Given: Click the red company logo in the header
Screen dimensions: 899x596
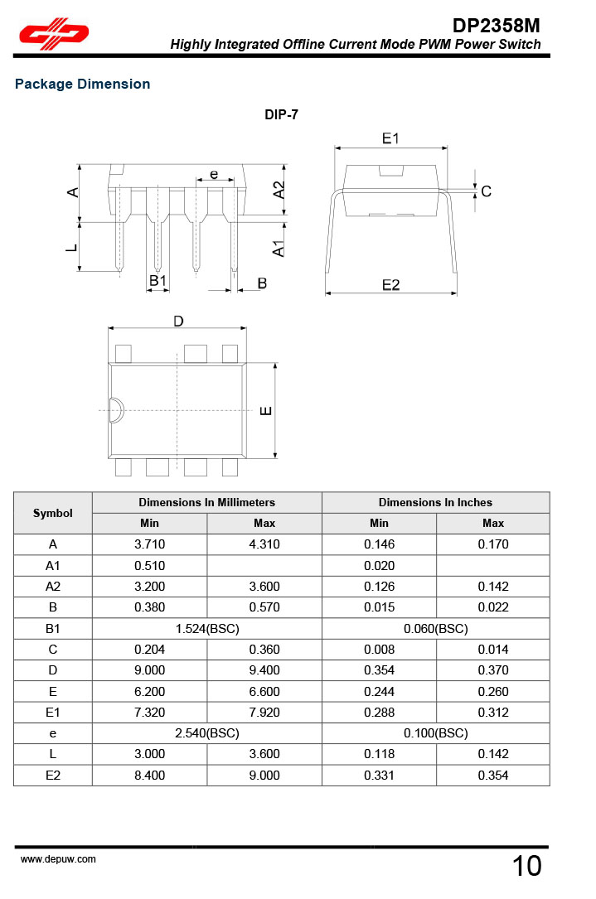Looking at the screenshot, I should coord(55,35).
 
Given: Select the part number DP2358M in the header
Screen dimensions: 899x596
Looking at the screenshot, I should coord(496,26).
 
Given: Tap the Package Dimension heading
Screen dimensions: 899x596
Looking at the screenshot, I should coord(83,84).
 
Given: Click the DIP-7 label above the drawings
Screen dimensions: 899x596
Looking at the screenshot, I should coord(281,115).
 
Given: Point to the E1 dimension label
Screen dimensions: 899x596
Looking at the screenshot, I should coord(390,138).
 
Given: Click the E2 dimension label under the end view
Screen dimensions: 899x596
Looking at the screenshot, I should coord(390,284).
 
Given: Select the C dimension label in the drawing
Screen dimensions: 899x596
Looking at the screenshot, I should coord(486,191).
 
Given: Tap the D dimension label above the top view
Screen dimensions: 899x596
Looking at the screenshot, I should coord(177,321).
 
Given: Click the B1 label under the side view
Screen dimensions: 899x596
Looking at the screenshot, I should coord(157,282).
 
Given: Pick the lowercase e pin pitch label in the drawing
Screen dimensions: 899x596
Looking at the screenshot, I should coord(214,174).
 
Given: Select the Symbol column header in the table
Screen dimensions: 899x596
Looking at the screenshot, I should coord(53,513).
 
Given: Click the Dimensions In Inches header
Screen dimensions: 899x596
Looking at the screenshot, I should coord(435,502).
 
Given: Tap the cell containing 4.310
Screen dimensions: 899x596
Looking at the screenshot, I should coord(264,544).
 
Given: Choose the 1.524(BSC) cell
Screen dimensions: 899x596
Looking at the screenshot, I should coord(206,628).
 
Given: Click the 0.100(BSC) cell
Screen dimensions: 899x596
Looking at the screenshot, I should coord(435,732).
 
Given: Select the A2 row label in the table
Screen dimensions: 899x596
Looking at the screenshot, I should coord(53,586).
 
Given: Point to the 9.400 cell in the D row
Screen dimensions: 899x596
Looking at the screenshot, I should coord(264,669).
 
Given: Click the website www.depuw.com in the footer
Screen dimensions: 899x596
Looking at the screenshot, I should coord(58,859).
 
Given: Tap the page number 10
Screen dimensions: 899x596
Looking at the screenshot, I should coord(526,866).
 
